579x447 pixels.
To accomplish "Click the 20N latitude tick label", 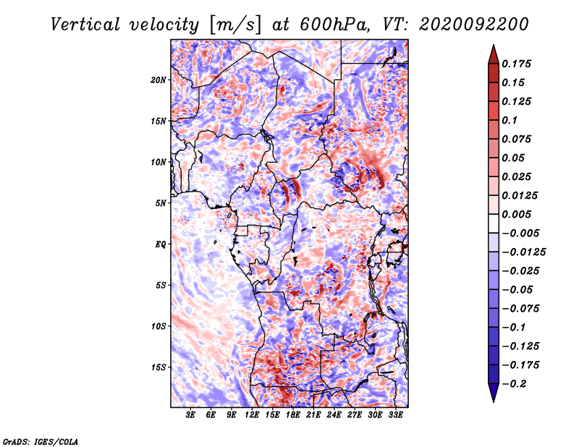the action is coord(159,80).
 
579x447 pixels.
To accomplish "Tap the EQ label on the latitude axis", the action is coord(160,244).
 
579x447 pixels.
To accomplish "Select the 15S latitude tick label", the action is coord(159,367).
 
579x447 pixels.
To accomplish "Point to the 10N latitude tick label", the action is coord(159,162).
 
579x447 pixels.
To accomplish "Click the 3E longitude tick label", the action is coord(190,415).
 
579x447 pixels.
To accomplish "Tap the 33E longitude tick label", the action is coord(395,415).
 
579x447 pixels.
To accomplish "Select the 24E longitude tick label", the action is coord(334,415).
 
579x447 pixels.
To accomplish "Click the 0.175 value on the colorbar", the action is coord(516,64).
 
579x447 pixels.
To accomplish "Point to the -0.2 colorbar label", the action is coord(514,384).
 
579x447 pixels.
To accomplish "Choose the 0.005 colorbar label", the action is coord(516,214).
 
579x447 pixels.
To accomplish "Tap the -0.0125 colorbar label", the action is coord(523,252).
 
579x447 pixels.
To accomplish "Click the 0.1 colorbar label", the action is coord(510,120).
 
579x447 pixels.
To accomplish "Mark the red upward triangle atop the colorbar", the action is coord(494,54).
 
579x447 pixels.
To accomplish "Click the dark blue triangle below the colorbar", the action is coord(494,393).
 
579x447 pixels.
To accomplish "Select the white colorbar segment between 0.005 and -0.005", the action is coord(494,223).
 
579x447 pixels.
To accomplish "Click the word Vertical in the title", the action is coord(85,25).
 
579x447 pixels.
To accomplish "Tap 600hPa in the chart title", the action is coord(334,25).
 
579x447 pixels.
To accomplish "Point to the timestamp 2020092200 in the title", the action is coord(474,25).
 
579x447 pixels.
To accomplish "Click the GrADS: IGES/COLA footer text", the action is coord(41,441).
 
